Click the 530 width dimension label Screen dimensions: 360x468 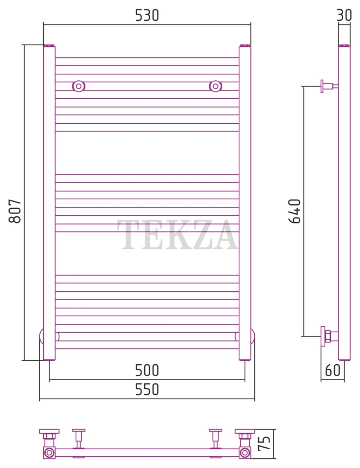click(x=147, y=15)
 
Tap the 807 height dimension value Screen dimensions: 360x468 click(x=15, y=211)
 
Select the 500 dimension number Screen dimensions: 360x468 click(x=147, y=370)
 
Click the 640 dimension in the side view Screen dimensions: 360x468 click(x=294, y=211)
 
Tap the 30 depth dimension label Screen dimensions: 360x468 click(x=344, y=15)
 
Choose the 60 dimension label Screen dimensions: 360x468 click(x=332, y=370)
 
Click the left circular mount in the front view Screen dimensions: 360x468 click(x=78, y=86)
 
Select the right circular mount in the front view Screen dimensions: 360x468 click(x=216, y=86)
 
